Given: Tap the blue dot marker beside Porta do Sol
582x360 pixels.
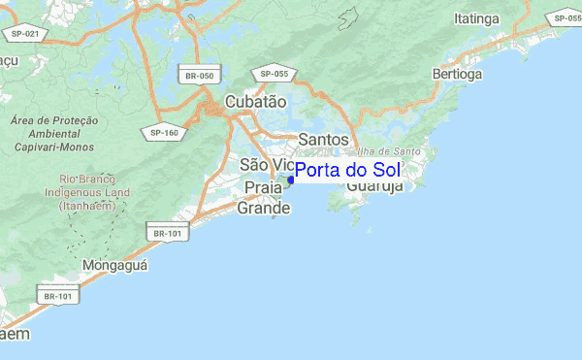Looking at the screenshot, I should click(x=290, y=180).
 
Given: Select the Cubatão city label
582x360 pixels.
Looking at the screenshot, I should click(x=255, y=101).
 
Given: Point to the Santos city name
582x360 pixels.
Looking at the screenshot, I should click(x=323, y=140).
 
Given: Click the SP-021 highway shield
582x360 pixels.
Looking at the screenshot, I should click(x=25, y=34).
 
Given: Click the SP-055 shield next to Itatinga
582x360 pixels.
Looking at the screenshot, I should click(x=564, y=18).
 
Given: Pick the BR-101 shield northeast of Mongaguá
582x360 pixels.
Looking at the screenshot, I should click(x=168, y=233).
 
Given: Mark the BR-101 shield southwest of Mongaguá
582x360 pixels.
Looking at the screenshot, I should click(x=56, y=296).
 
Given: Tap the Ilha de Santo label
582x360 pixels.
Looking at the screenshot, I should click(x=388, y=150).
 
